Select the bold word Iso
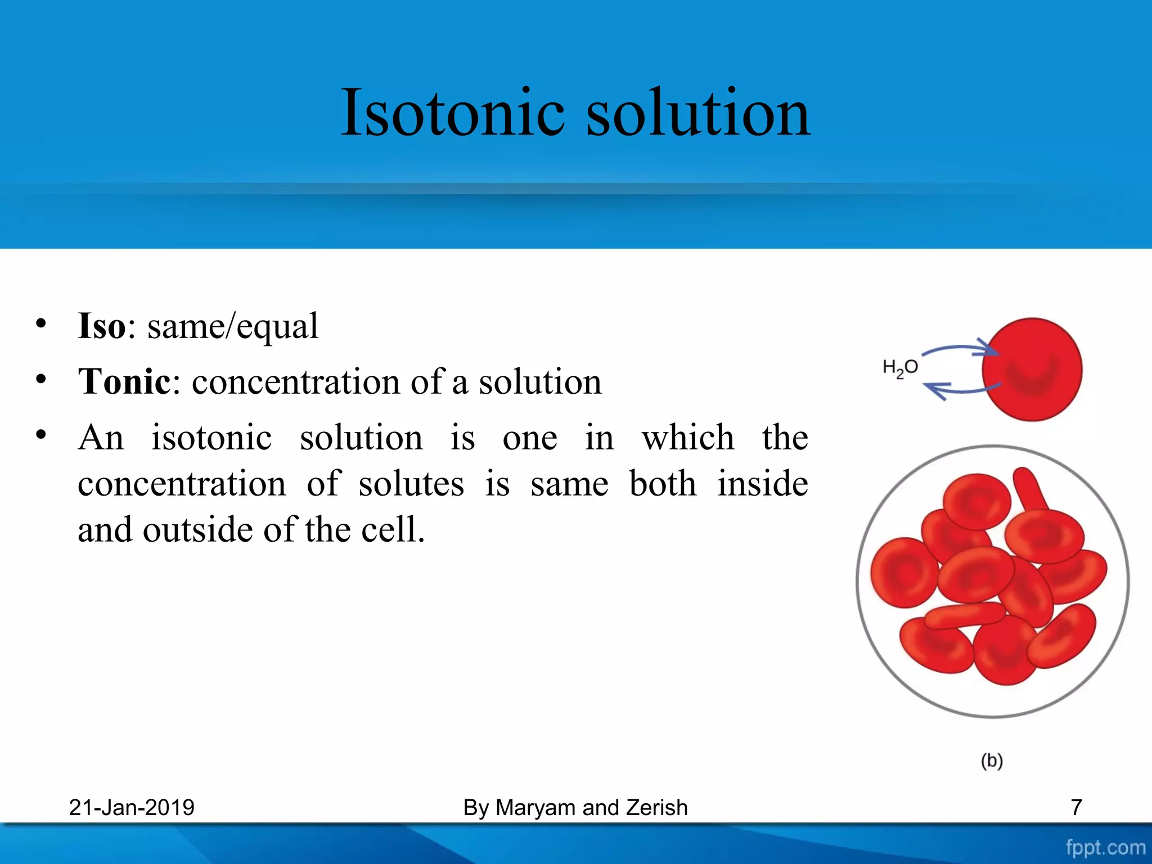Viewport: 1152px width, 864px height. click(102, 326)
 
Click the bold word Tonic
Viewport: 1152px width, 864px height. click(124, 381)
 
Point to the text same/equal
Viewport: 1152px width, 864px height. click(233, 326)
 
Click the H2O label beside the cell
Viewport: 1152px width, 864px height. click(900, 368)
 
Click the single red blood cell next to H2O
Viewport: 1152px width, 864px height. click(1032, 370)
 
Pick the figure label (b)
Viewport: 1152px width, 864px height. click(992, 760)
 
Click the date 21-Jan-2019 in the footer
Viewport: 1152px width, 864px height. click(132, 808)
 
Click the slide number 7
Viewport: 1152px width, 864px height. click(1076, 808)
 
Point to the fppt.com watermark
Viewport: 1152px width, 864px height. click(1105, 847)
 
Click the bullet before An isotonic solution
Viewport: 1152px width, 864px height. click(40, 435)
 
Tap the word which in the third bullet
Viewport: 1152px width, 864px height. click(687, 438)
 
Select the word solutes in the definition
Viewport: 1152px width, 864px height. click(411, 484)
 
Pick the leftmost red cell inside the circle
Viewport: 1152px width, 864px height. click(903, 573)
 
